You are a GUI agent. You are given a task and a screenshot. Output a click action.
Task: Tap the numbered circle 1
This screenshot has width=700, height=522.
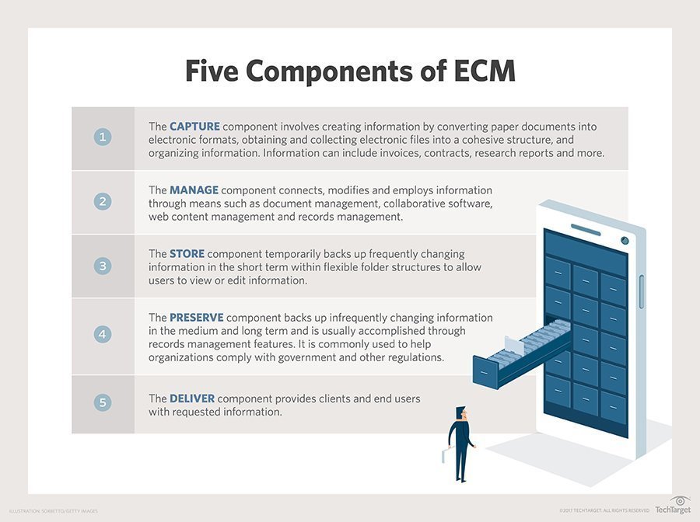tap(103, 137)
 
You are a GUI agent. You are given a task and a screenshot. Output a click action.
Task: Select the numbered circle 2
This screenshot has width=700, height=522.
tap(103, 202)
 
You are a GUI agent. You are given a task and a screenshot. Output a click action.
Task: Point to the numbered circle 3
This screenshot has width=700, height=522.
tap(103, 266)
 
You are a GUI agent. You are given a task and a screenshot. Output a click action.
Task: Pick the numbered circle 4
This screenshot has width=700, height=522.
tap(103, 335)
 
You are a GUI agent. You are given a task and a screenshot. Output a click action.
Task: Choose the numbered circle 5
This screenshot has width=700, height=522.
tap(103, 402)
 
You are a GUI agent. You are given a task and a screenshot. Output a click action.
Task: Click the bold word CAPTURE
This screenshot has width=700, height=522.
tap(195, 126)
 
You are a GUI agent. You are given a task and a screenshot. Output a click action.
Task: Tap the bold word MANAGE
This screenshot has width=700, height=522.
tap(194, 190)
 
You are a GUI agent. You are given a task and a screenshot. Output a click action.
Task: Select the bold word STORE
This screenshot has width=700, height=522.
tap(187, 254)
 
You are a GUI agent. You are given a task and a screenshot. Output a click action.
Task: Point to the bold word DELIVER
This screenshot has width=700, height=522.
tap(192, 398)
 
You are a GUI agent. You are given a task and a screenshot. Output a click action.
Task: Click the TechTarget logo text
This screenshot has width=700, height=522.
tap(672, 510)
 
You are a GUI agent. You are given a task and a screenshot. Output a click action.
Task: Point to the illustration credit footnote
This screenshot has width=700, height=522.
tap(54, 510)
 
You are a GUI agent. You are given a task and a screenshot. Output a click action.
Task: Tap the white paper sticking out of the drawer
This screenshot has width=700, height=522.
tap(514, 342)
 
